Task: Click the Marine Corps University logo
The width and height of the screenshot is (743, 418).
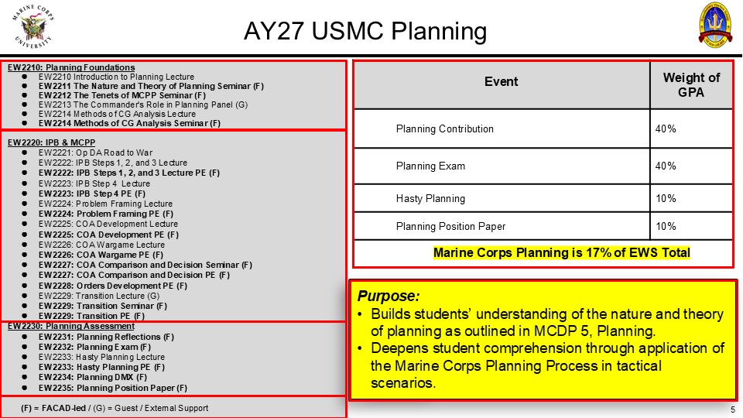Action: point(33,26)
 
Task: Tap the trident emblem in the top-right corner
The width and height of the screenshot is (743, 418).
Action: point(715,24)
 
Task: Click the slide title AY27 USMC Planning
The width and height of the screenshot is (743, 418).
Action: point(365,31)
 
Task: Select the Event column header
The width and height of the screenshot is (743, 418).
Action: point(501,81)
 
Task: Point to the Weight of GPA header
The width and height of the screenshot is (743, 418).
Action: point(691,85)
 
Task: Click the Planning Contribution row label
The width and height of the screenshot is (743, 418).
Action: point(444,129)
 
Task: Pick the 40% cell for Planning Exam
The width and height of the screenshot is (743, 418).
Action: point(666,166)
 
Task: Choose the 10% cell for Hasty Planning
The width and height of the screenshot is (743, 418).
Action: point(666,199)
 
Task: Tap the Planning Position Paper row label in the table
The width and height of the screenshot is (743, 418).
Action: point(450,227)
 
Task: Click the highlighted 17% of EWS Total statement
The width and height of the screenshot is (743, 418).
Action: point(562,252)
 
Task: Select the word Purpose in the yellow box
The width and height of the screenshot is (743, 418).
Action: point(388,296)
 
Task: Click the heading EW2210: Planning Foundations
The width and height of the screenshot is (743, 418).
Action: point(71,68)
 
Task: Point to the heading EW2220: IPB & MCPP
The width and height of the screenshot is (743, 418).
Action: point(51,142)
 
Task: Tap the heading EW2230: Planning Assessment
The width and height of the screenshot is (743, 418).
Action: point(71,326)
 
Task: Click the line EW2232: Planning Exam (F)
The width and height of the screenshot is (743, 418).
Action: point(94,347)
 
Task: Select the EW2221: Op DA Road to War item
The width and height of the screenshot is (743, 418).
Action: point(96,152)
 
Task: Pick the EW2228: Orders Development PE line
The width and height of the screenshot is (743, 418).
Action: point(113,286)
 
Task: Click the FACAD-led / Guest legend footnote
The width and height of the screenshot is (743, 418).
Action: point(115,408)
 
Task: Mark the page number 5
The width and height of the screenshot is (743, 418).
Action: point(733,409)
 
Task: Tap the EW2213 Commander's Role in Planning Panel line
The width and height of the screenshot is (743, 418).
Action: point(143,104)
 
